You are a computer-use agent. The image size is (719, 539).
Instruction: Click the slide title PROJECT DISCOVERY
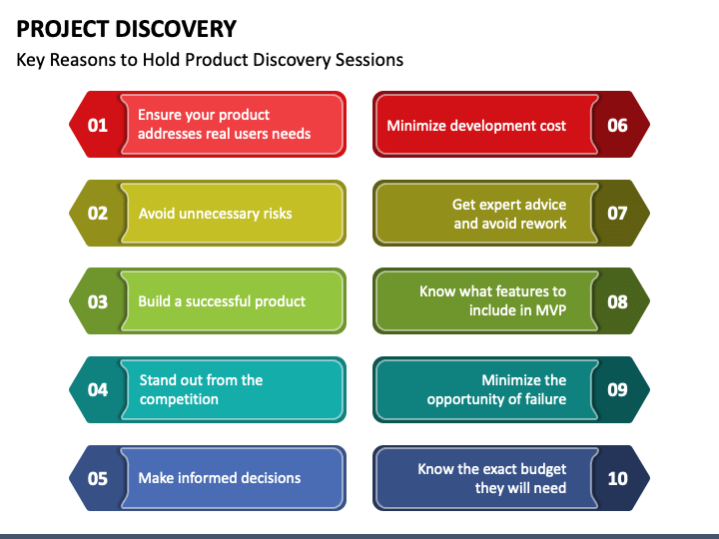pos(127,28)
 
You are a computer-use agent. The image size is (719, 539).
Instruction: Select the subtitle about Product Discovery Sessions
pos(210,60)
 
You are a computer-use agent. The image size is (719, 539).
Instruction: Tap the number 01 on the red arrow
pos(98,125)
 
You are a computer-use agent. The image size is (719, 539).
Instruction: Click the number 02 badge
pos(98,213)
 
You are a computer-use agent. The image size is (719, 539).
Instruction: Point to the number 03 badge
pos(98,300)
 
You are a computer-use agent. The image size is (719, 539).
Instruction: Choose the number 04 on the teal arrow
pos(98,389)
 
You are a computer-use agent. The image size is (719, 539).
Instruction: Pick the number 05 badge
pos(98,478)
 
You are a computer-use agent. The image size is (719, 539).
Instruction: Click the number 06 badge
pos(617,125)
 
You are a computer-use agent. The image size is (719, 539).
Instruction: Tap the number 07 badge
pos(617,213)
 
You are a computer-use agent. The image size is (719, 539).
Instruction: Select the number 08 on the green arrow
pos(617,300)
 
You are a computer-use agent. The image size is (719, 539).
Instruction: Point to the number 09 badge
pos(617,389)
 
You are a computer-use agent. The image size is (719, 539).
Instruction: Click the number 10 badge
pos(617,478)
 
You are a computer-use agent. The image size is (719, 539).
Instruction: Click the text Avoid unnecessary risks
pos(215,214)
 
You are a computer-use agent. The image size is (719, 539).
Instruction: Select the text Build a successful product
pos(222,301)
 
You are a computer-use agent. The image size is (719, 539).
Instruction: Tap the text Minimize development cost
pos(476,126)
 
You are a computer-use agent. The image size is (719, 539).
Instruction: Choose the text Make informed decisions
pos(219,478)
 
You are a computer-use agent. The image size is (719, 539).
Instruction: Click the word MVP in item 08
pos(548,310)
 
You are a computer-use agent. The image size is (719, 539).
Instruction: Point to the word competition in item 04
pos(179,399)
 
